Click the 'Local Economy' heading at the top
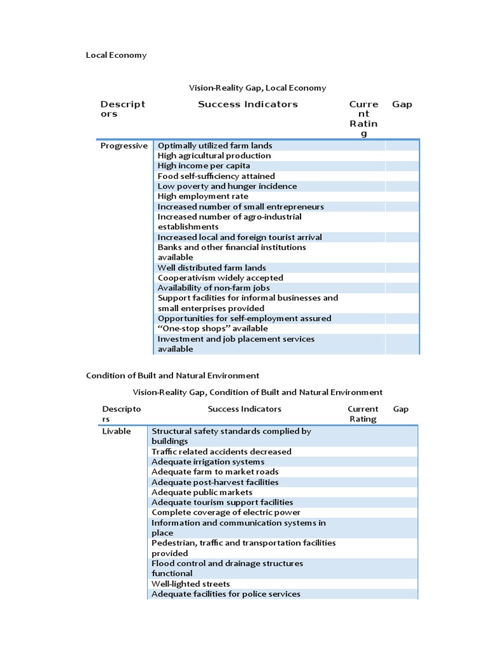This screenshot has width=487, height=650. (x=116, y=55)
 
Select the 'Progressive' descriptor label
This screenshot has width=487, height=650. (x=124, y=145)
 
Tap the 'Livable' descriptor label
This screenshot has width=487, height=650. (x=116, y=431)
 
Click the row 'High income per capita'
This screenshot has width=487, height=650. (x=200, y=166)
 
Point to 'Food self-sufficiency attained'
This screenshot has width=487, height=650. (x=216, y=176)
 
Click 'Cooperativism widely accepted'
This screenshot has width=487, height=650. (x=220, y=277)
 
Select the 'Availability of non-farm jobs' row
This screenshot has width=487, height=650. (x=213, y=288)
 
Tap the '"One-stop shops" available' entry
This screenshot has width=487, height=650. (x=212, y=328)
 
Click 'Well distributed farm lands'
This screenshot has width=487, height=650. (x=212, y=267)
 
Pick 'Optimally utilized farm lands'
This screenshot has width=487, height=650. (x=215, y=145)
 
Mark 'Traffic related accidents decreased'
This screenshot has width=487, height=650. (x=221, y=451)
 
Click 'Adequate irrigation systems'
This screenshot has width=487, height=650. (x=208, y=461)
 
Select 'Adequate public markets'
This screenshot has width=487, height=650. (x=202, y=492)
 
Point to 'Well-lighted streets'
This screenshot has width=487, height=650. (x=190, y=583)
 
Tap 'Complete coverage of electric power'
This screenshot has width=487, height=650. (x=226, y=512)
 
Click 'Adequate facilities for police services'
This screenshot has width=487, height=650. (x=226, y=594)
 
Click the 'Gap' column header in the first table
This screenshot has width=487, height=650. (x=402, y=104)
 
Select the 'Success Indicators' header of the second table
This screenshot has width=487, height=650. (x=244, y=409)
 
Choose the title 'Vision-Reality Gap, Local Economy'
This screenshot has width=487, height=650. (x=257, y=88)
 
